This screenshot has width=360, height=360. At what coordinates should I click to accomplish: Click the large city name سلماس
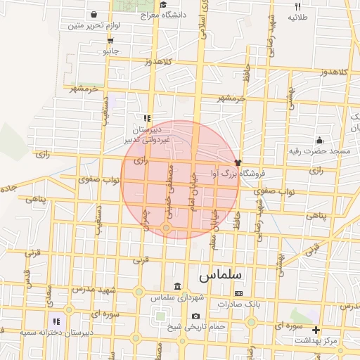220,272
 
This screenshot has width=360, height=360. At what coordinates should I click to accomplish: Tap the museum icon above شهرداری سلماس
176,287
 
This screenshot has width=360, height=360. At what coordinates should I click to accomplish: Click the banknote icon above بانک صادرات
238,293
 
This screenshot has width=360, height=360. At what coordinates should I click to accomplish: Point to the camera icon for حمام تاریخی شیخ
195,316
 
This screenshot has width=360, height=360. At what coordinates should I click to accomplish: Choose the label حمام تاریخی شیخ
195,327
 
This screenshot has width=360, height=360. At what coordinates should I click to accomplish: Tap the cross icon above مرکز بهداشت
316,330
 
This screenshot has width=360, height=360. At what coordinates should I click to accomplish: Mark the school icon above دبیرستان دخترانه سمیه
54,321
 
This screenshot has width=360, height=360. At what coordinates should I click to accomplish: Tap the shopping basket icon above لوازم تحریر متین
94,14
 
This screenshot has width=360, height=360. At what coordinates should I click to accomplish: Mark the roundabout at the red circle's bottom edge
166,227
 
